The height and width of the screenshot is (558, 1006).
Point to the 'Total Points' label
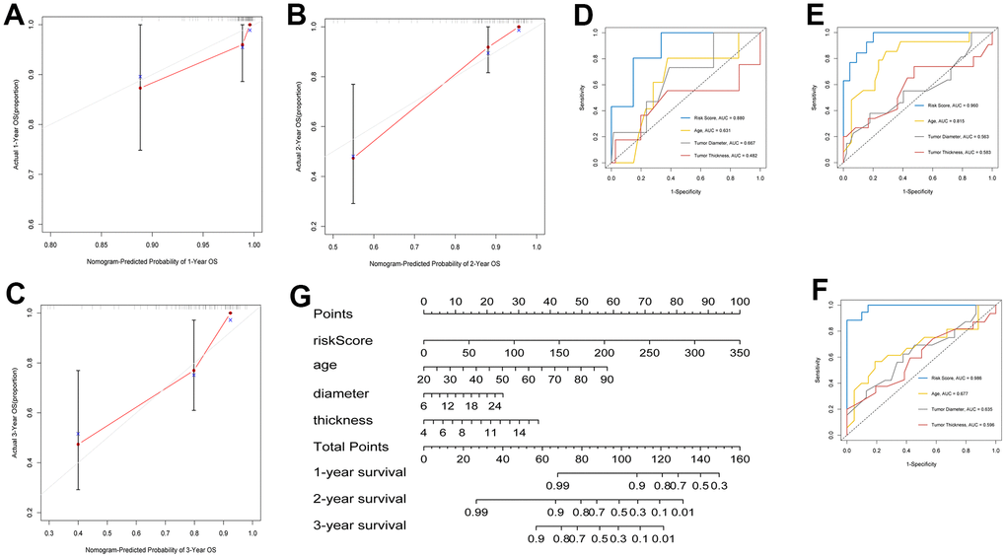(x=351, y=446)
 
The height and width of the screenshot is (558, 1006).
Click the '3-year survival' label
(x=359, y=524)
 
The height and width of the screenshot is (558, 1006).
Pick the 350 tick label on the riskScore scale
(x=739, y=352)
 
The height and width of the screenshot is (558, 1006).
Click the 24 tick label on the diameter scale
(x=495, y=405)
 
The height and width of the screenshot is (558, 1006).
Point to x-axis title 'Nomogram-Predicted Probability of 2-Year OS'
(x=434, y=264)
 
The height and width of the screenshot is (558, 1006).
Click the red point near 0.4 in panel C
(x=78, y=444)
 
